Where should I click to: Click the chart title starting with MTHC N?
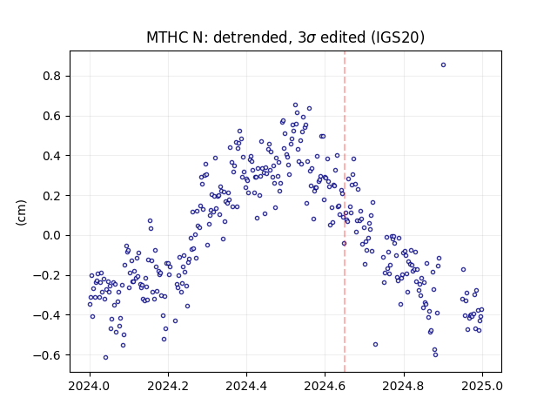[x=285, y=37]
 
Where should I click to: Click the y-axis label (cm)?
[x=21, y=212]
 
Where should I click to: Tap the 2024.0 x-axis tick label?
[x=90, y=386]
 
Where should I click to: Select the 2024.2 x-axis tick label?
[x=168, y=386]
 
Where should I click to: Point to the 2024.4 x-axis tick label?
[x=246, y=386]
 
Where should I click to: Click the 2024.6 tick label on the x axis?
[x=325, y=386]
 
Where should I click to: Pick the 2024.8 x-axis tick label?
[x=403, y=386]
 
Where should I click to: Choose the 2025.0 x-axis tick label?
[x=482, y=386]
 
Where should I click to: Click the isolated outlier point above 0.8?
[x=443, y=65]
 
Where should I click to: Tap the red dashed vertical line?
[x=345, y=212]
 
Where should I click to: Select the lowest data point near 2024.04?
[x=105, y=358]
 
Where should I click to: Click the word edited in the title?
[x=342, y=37]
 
